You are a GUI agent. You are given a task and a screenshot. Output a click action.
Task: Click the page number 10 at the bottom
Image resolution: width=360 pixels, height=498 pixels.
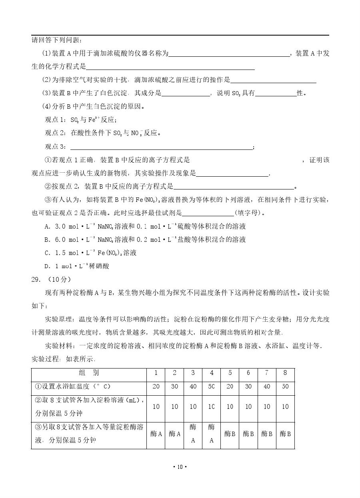tap(180, 467)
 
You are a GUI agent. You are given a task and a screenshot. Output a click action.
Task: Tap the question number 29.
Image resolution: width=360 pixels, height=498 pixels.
tap(36, 279)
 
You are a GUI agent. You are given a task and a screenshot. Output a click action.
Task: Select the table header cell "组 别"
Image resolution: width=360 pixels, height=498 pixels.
tap(89, 373)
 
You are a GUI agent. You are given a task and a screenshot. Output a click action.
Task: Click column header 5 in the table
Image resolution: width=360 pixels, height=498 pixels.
tap(230, 373)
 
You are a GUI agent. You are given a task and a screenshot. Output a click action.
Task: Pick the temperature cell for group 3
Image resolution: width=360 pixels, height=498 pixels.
tap(193, 386)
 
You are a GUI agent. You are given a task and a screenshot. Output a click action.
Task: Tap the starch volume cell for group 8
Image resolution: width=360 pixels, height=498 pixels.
tap(285, 406)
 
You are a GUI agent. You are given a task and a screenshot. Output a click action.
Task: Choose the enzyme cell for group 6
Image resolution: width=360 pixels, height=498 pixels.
tap(248, 434)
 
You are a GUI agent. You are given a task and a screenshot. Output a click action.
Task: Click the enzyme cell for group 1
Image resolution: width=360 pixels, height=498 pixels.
tap(156, 434)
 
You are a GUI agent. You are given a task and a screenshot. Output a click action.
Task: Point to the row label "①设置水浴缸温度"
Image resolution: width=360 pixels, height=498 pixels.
tap(72, 386)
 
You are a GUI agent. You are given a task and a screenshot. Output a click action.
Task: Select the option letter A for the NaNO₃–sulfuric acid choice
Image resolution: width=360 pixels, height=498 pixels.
tap(47, 227)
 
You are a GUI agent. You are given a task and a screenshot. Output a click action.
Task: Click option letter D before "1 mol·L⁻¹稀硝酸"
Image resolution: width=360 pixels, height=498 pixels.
tap(47, 266)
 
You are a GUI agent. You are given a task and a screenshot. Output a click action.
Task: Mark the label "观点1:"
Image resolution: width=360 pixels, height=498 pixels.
tap(55, 120)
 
